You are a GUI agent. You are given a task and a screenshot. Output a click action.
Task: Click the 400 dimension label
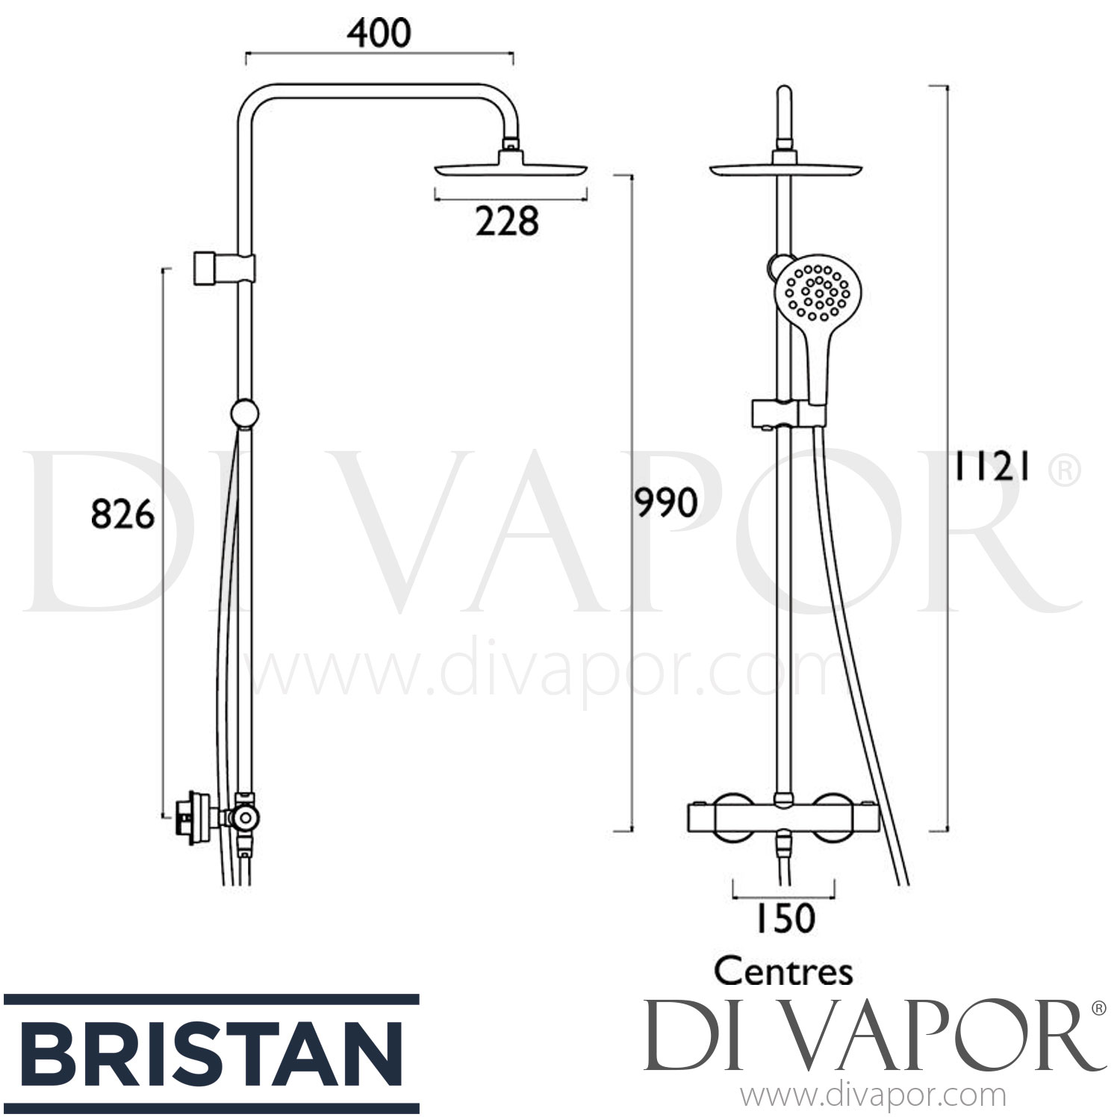coord(379,34)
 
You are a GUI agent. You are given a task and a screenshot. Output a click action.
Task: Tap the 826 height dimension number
coord(122,514)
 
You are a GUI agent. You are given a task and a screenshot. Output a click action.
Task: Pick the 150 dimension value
coord(783,918)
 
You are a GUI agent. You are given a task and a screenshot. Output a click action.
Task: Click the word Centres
coord(783,972)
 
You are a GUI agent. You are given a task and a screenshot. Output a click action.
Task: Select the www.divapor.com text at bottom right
coord(872,1096)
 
